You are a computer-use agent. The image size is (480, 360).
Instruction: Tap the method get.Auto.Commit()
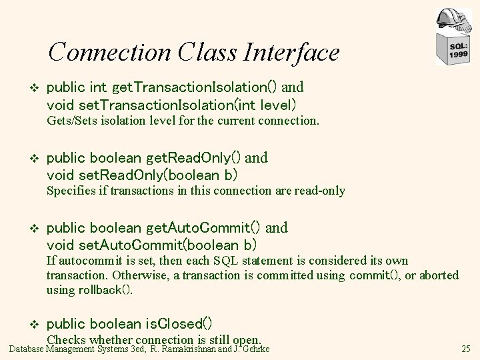[204, 228]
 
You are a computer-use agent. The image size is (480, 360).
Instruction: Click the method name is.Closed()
[179, 325]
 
